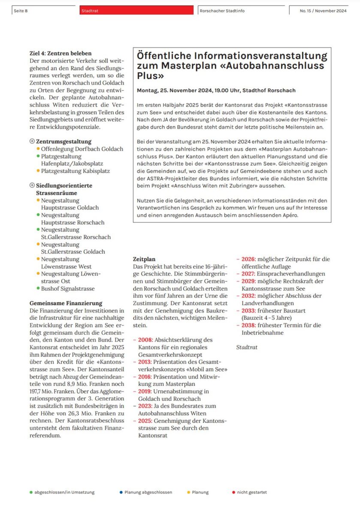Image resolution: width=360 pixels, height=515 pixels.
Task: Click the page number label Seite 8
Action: tap(21, 11)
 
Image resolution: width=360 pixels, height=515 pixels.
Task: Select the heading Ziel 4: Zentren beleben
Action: tap(60, 54)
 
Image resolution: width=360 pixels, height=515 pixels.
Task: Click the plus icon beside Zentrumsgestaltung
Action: tap(32, 141)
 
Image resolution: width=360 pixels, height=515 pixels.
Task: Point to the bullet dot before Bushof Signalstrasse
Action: tap(38, 288)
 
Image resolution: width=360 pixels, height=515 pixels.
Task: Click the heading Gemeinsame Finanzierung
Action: tap(66, 303)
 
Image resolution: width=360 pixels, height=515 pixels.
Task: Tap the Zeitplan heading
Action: tap(144, 259)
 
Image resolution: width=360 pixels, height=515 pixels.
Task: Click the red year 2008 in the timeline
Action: tap(145, 339)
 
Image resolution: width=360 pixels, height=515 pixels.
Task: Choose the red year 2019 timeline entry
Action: tap(145, 391)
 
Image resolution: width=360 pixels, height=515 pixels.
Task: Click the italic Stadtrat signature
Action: tap(247, 347)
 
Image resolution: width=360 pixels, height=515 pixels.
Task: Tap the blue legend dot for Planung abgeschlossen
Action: tap(121, 492)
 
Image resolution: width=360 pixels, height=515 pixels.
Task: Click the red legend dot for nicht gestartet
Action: tap(233, 492)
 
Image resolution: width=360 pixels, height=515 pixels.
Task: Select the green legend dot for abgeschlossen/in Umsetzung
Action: tap(31, 492)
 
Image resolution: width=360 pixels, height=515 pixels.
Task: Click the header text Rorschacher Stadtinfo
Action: tap(222, 11)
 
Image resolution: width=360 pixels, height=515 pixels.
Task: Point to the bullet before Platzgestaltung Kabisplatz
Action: tap(38, 171)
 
